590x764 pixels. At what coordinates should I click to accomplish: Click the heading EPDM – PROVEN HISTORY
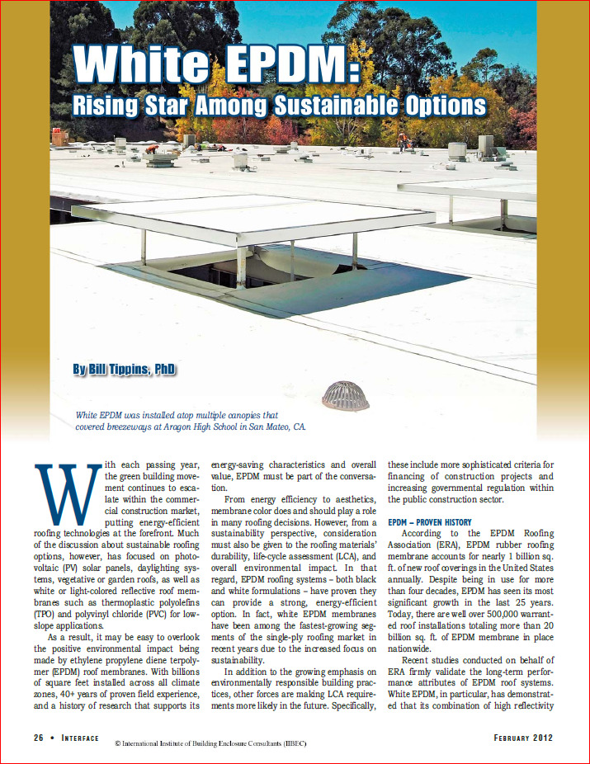(x=430, y=522)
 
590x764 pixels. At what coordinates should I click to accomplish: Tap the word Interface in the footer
(x=88, y=737)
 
